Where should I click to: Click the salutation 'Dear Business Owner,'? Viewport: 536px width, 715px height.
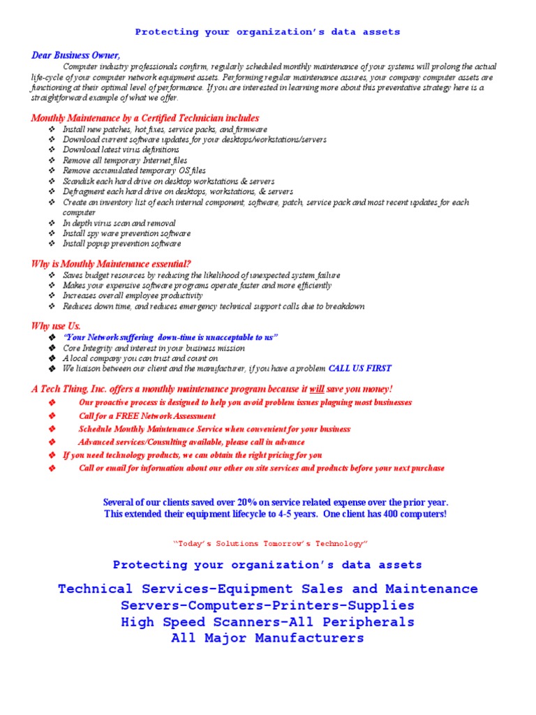[75, 55]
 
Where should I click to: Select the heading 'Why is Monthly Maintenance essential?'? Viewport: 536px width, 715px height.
[111, 263]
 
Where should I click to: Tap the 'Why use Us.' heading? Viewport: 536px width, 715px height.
[56, 326]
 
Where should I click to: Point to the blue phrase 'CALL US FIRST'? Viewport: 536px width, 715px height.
[359, 368]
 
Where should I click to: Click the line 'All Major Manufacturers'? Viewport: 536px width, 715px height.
[267, 638]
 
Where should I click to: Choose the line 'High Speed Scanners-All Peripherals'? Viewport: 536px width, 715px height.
[267, 621]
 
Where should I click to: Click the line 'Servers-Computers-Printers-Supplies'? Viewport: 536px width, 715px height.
[267, 605]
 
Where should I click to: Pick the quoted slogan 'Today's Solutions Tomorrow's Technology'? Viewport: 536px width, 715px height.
[269, 543]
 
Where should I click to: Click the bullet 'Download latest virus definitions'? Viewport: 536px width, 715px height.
[121, 149]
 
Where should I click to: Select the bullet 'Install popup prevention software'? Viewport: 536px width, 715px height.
[121, 244]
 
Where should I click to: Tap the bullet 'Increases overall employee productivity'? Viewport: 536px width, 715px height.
[133, 295]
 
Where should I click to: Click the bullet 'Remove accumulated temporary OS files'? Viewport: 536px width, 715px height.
[134, 170]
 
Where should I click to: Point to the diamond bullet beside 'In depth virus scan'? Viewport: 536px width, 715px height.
[52, 223]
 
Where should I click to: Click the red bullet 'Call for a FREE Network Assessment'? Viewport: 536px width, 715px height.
[147, 415]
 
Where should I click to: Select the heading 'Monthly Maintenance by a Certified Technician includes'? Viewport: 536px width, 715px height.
[145, 118]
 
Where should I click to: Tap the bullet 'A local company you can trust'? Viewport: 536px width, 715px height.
[140, 358]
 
